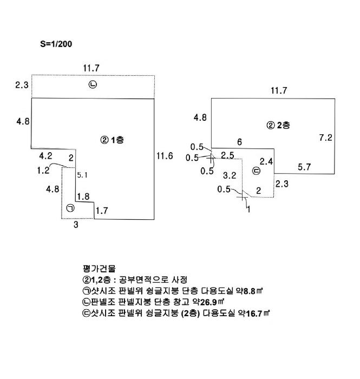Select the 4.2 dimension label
(x=45, y=156)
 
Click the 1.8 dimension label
(x=84, y=197)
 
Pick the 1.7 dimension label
(x=101, y=210)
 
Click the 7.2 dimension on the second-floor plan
(x=325, y=138)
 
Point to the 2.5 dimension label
(x=227, y=156)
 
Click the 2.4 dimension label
(x=266, y=161)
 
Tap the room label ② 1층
(x=112, y=140)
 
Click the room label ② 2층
(x=278, y=125)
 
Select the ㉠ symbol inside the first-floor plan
(x=71, y=208)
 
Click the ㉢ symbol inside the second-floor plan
(x=257, y=172)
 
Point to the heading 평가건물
(x=96, y=269)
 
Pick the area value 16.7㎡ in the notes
(x=258, y=313)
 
